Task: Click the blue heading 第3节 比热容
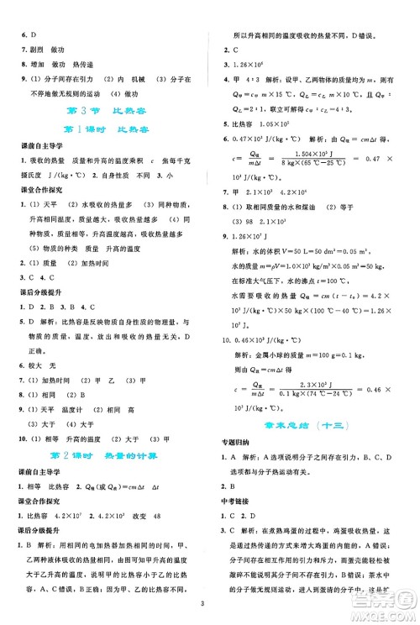point(106,112)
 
